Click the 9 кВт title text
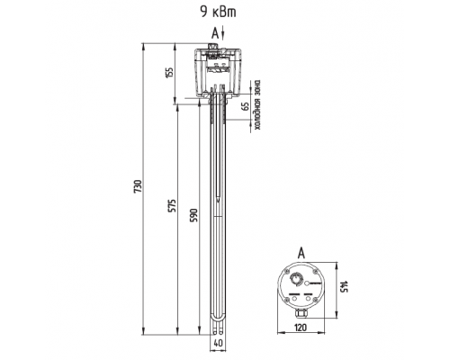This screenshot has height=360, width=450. (218, 13)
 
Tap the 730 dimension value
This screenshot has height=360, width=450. (138, 186)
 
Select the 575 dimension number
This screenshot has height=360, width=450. (172, 205)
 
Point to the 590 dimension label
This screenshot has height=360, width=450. (194, 215)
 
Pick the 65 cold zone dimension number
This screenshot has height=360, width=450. (246, 106)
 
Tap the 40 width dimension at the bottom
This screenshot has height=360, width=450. (219, 343)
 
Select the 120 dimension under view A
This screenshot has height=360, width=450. (301, 328)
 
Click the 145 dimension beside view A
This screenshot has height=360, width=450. (344, 286)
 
